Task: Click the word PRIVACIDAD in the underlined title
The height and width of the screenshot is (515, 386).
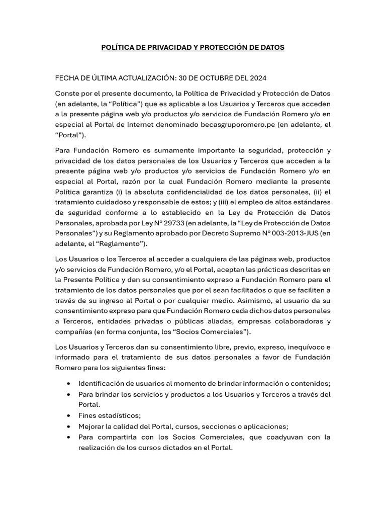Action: point(161,48)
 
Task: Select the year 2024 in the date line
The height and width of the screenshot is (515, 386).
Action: point(257,78)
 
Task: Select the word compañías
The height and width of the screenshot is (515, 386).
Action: point(73,331)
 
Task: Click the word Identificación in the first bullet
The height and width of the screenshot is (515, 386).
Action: point(103,383)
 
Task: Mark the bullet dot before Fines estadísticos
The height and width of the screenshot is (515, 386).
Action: point(68,416)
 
